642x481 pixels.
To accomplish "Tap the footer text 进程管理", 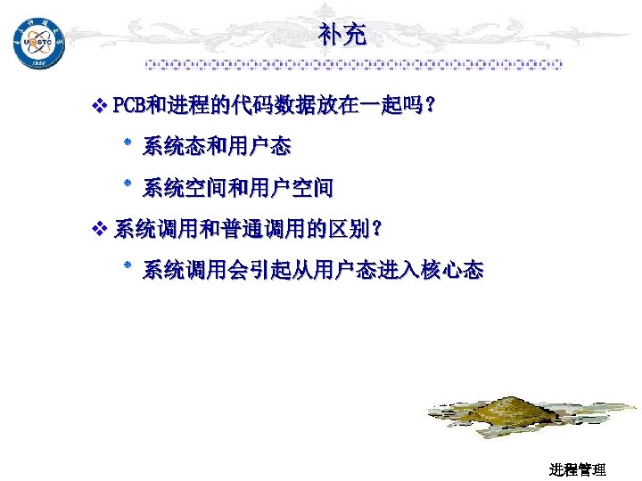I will coord(577,469).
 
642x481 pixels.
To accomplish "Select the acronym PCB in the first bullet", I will coord(130,107).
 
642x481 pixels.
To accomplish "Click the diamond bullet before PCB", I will coord(99,107).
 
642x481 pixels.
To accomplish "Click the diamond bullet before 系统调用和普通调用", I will coord(99,230).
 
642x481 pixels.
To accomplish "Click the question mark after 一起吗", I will coord(430,107).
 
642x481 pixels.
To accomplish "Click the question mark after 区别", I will coord(378,230).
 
